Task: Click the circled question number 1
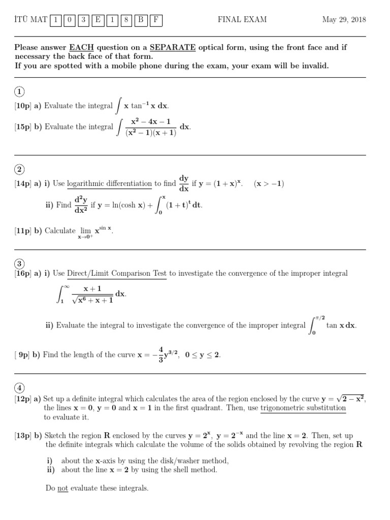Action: [x=19, y=92]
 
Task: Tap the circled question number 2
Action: [x=19, y=170]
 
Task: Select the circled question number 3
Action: [x=19, y=264]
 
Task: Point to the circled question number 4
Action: [x=19, y=388]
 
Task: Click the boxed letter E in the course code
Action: [x=97, y=20]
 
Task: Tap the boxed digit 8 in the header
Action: [x=125, y=20]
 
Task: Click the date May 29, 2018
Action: [x=344, y=20]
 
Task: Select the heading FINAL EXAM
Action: [x=242, y=20]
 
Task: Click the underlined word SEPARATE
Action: [x=173, y=48]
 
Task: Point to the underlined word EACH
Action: [x=81, y=48]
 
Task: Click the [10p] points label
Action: [x=23, y=106]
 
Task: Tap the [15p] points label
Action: [x=23, y=127]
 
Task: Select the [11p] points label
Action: [x=23, y=231]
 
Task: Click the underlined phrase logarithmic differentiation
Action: [x=109, y=184]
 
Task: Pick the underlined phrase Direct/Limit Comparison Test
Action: [x=117, y=273]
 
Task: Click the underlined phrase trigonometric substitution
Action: [x=303, y=408]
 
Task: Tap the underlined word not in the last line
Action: [x=62, y=488]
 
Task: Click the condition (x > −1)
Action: [x=269, y=184]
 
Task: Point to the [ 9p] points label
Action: [x=23, y=355]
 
